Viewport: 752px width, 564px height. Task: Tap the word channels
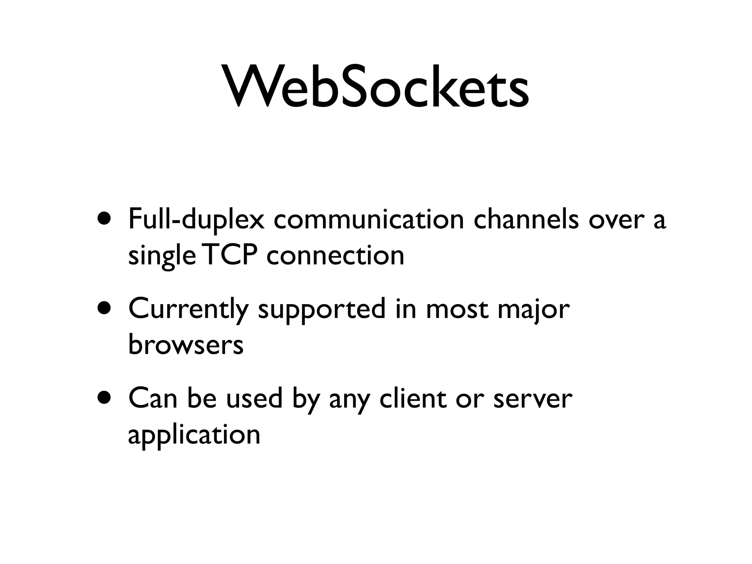(526, 220)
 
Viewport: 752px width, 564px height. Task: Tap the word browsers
(186, 345)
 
